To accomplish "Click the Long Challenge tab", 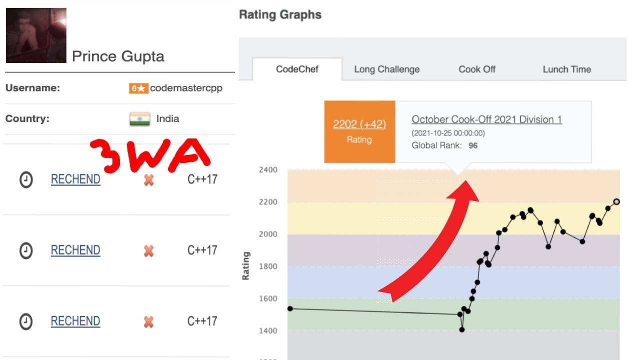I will pyautogui.click(x=386, y=69).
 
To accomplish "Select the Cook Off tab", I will pyautogui.click(x=477, y=69).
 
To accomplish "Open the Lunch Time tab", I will pyautogui.click(x=566, y=69).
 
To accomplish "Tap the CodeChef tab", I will pyautogui.click(x=297, y=69).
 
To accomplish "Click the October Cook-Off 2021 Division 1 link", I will pyautogui.click(x=486, y=119).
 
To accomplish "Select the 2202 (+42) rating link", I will pyautogui.click(x=359, y=124).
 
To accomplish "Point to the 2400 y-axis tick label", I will pyautogui.click(x=268, y=169).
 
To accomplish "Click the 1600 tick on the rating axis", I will pyautogui.click(x=268, y=298).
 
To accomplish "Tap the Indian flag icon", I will pyautogui.click(x=140, y=119).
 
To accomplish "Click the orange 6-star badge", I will pyautogui.click(x=138, y=88).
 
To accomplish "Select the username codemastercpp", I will pyautogui.click(x=186, y=88).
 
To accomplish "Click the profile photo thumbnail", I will pyautogui.click(x=36, y=35).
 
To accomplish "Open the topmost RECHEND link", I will pyautogui.click(x=75, y=179).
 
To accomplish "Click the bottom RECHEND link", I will pyautogui.click(x=75, y=321).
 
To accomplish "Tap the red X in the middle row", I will pyautogui.click(x=148, y=250).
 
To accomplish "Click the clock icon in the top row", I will pyautogui.click(x=26, y=179).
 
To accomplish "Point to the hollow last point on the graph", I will pyautogui.click(x=616, y=201).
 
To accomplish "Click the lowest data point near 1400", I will pyautogui.click(x=462, y=329).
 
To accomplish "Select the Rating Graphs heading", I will pyautogui.click(x=280, y=15).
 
